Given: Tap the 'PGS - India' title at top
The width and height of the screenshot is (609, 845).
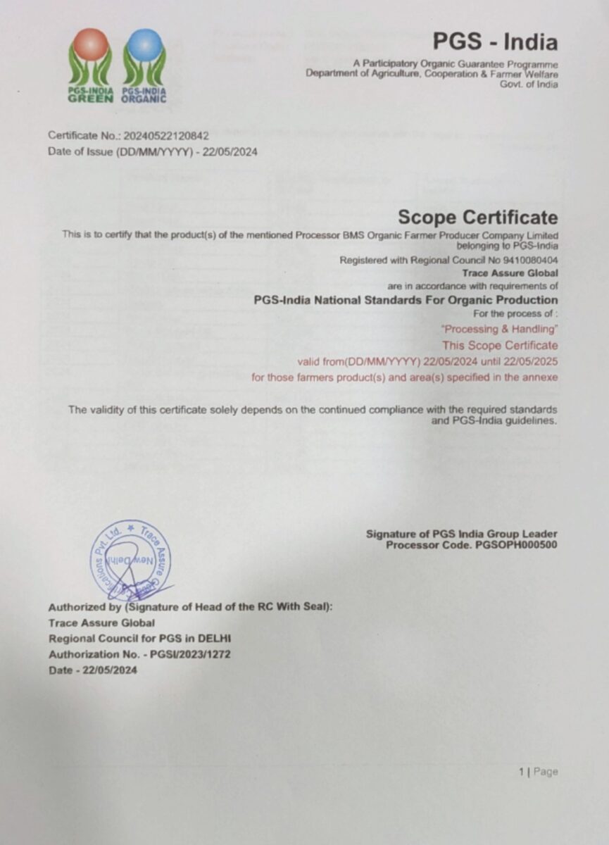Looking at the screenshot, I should tap(495, 42).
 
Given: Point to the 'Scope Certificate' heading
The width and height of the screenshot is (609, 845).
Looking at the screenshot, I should tap(477, 217).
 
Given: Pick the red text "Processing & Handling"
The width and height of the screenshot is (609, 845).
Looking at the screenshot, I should tap(498, 329).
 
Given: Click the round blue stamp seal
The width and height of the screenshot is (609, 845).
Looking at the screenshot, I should tap(130, 560).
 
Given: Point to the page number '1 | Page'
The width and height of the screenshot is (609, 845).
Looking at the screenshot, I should tap(538, 772).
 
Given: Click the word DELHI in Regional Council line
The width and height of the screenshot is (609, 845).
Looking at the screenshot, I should tap(215, 639).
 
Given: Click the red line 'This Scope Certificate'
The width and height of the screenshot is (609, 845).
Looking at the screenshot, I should tap(500, 346).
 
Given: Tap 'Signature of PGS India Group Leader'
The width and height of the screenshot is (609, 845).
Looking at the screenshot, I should tap(461, 534).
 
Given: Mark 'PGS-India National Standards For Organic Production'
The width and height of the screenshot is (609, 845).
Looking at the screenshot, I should tap(406, 300).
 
